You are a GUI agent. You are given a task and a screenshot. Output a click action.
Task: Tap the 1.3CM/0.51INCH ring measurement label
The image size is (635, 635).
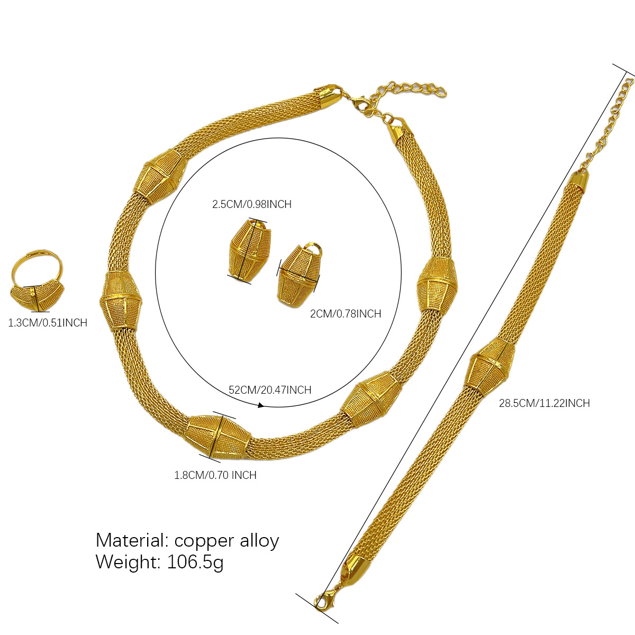point(48,323)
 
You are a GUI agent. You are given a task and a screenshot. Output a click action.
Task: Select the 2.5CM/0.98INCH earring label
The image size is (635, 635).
point(252,204)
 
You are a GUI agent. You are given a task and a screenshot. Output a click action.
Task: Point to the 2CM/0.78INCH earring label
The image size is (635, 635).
point(346,314)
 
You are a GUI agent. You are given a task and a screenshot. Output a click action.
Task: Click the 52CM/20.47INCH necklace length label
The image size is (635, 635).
point(270,390)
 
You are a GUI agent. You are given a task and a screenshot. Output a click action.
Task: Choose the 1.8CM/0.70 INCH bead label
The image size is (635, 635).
point(215,475)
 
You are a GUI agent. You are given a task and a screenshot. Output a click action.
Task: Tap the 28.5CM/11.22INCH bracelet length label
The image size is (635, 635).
point(545,403)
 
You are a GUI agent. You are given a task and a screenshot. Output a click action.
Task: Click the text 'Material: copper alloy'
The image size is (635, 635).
point(187,540)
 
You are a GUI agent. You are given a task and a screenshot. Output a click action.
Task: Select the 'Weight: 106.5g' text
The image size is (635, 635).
point(160,561)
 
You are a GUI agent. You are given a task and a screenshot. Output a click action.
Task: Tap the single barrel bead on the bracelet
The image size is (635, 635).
point(490,365)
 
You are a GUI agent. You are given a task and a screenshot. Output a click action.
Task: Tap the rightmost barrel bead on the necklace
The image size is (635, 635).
point(437,284)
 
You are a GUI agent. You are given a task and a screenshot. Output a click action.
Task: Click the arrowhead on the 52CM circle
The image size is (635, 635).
point(261,405)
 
